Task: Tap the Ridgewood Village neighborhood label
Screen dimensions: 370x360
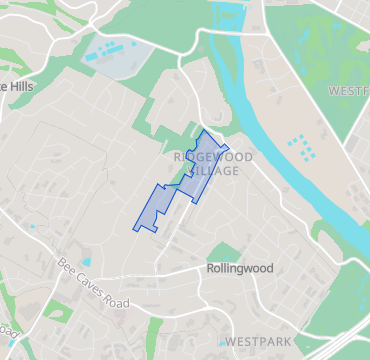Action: click(212, 164)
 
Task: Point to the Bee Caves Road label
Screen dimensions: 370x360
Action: click(94, 284)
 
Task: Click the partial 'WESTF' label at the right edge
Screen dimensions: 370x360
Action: click(349, 91)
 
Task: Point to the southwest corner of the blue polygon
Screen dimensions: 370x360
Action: click(135, 229)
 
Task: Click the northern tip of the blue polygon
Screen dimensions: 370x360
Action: click(204, 131)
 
